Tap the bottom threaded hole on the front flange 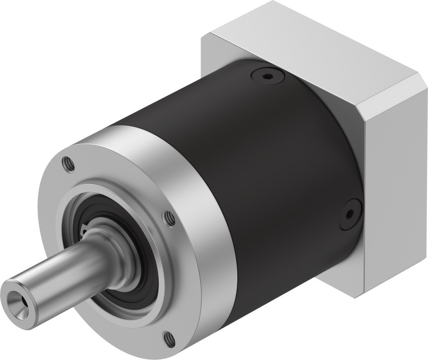pos(167,337)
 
